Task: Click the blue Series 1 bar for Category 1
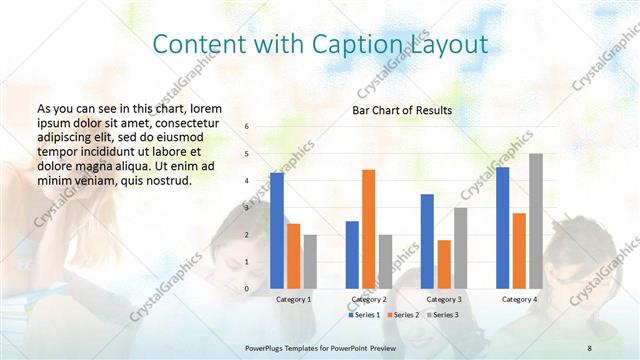277,230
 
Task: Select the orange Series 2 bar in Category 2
369,229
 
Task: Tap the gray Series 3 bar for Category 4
536,221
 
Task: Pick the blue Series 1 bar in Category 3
427,241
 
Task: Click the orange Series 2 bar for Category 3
444,264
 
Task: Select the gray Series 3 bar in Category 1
310,261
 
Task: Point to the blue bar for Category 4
502,227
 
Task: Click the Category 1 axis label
293,299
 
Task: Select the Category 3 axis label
444,299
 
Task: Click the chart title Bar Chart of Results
402,110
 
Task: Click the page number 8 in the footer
589,347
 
